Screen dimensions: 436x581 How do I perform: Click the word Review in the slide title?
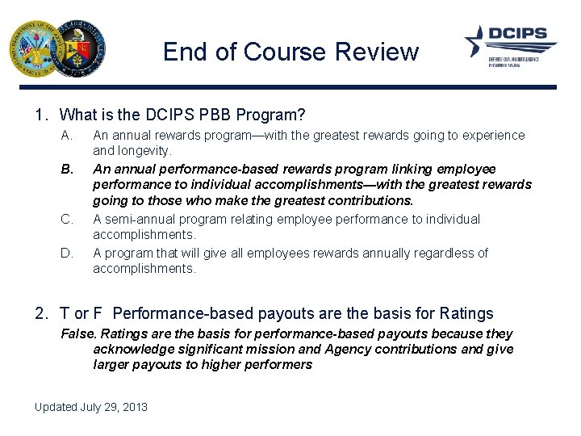click(x=378, y=52)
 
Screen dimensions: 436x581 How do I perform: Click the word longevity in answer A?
click(x=144, y=151)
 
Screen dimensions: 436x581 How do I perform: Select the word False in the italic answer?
click(x=77, y=334)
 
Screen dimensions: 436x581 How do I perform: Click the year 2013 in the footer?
click(x=135, y=407)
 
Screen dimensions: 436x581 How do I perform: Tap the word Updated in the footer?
click(x=55, y=407)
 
